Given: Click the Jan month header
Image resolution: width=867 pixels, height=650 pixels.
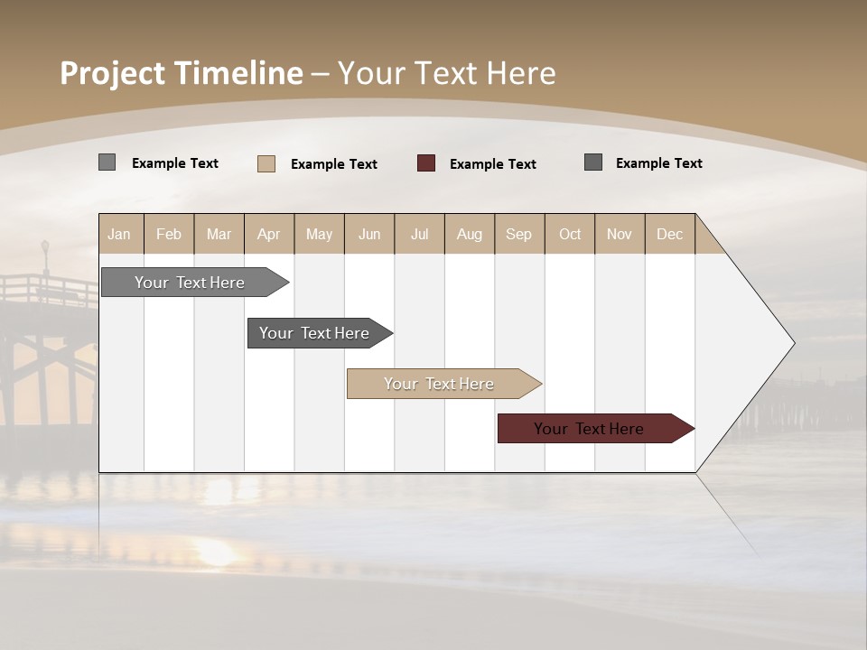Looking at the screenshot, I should click(120, 234).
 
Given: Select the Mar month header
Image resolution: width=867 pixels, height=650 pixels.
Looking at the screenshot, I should click(219, 234).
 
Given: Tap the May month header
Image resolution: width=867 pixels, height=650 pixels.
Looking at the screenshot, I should click(319, 234).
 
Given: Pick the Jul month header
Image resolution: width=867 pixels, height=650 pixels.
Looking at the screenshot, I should click(419, 234).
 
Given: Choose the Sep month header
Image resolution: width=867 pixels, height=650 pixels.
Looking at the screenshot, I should click(518, 234).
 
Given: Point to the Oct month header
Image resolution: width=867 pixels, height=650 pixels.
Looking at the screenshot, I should click(570, 234).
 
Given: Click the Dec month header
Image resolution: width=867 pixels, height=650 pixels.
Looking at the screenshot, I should click(669, 234).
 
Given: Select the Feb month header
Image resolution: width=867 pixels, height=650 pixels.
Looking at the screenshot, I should click(169, 234).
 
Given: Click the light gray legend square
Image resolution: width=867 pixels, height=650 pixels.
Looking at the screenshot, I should click(107, 162).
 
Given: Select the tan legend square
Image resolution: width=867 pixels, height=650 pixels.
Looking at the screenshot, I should click(266, 163).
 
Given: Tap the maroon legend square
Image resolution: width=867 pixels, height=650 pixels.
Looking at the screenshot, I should click(426, 163).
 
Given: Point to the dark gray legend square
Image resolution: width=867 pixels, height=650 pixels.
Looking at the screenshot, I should click(593, 162).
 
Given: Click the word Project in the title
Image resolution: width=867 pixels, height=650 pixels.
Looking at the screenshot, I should click(112, 73).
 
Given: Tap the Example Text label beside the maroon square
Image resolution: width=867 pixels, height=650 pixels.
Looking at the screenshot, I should click(493, 164).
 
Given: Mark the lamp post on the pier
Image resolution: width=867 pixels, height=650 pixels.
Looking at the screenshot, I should click(45, 257).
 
